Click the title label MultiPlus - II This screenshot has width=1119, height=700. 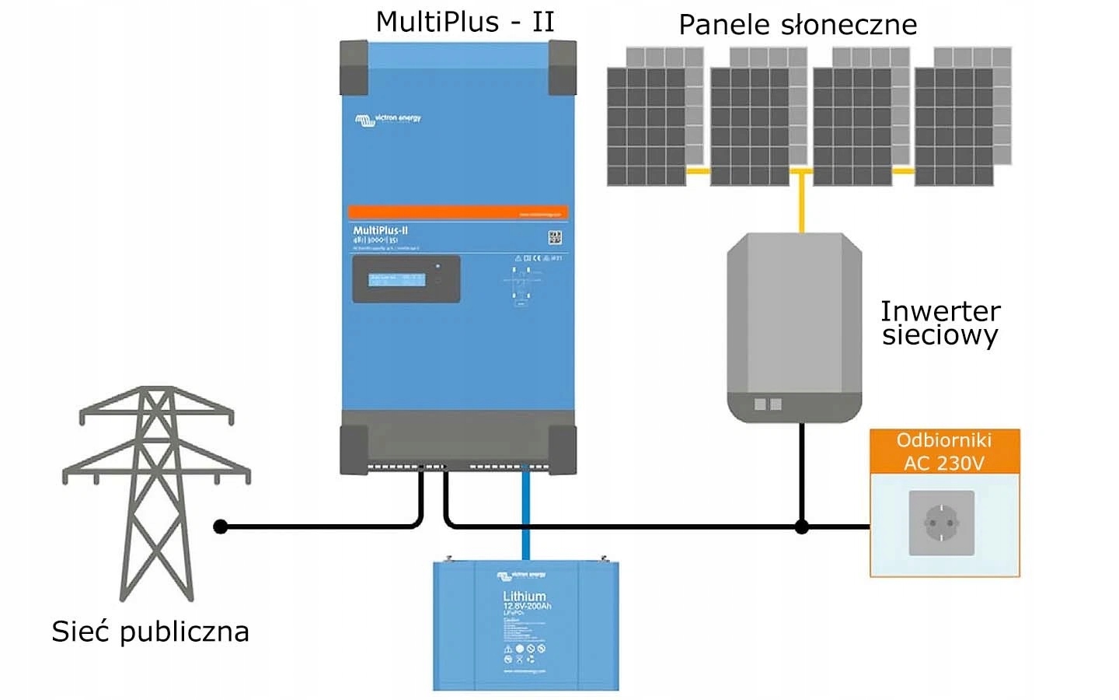pos(465,22)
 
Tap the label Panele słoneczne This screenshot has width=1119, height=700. pos(797,25)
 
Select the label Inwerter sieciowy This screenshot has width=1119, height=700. pos(940,323)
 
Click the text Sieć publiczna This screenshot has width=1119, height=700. pos(150,631)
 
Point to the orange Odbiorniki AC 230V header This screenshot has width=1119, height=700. pos(944,452)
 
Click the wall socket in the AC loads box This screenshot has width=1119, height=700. pos(941,523)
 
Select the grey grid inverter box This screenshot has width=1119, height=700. pos(794,327)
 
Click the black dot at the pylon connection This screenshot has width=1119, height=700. pos(221,527)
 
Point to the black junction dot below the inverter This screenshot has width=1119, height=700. pos(802,527)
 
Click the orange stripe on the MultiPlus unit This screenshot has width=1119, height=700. pos(458,212)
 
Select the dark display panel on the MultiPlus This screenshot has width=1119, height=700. pos(406,279)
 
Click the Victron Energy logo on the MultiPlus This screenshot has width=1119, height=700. pos(388,119)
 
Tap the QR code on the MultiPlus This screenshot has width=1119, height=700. pos(555,238)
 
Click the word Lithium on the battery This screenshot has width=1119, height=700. pos(525,597)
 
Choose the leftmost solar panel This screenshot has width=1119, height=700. pos(647,127)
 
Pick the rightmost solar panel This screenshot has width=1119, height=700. pos(954,127)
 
